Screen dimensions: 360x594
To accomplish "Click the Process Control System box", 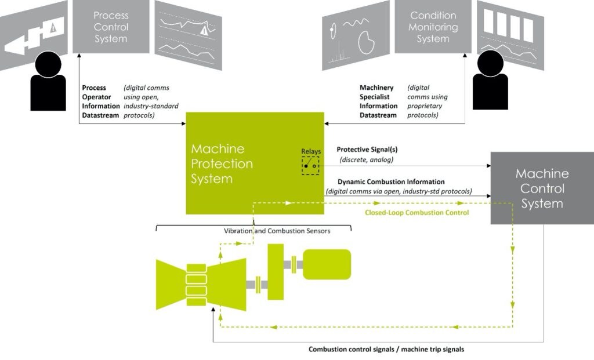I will [x=110, y=26].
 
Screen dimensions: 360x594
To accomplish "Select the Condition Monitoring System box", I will [x=433, y=26].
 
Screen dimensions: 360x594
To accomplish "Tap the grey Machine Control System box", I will [x=542, y=188].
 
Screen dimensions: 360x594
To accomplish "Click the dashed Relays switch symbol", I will [x=310, y=166].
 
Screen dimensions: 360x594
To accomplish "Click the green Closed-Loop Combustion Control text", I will [x=416, y=213].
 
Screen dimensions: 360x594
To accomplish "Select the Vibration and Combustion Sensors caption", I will [x=277, y=231].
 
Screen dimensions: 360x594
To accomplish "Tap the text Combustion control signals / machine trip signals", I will [x=386, y=349].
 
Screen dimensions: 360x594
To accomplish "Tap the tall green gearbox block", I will [x=275, y=271].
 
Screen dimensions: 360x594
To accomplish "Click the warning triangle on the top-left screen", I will [x=53, y=27].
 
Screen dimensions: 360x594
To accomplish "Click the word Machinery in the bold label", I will [x=376, y=88].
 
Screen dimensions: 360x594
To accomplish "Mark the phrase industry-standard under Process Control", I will [x=151, y=106].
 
